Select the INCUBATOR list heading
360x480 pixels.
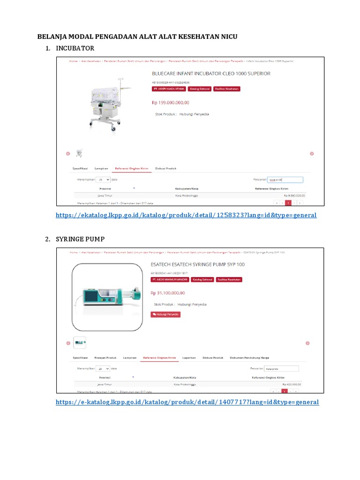[75, 48]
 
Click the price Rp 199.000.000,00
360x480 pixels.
[170, 102]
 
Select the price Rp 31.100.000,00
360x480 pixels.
[167, 293]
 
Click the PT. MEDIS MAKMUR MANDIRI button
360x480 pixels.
[170, 279]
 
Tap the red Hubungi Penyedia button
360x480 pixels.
[165, 315]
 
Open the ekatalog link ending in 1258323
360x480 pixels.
[186, 215]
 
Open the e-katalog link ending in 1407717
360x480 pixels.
[187, 402]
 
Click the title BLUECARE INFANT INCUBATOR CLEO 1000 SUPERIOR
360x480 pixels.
[211, 74]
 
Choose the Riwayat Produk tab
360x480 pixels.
[105, 358]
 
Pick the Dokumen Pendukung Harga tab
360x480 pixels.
[249, 358]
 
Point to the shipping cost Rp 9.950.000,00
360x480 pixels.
[294, 195]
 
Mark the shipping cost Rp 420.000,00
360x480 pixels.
[292, 384]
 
